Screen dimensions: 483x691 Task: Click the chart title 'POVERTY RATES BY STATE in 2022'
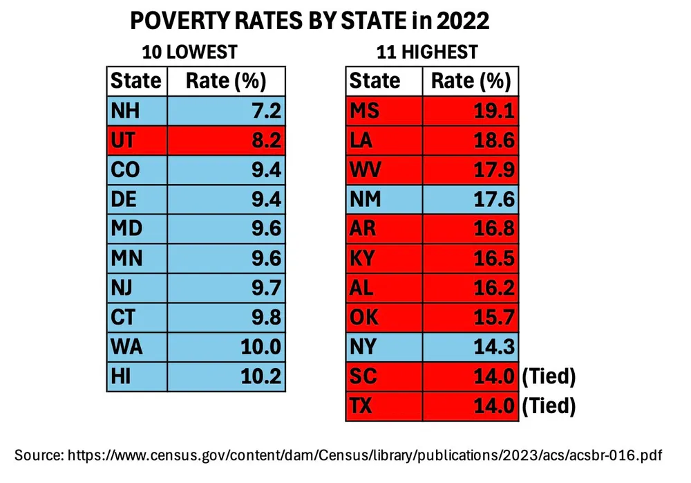310,22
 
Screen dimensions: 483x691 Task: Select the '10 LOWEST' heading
189,52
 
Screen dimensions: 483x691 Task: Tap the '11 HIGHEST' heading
427,52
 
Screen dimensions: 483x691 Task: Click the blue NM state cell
384,199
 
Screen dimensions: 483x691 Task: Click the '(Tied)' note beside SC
549,377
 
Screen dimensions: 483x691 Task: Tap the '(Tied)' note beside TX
549,406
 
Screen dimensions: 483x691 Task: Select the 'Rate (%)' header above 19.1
471,81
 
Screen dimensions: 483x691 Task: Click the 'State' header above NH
135,81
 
